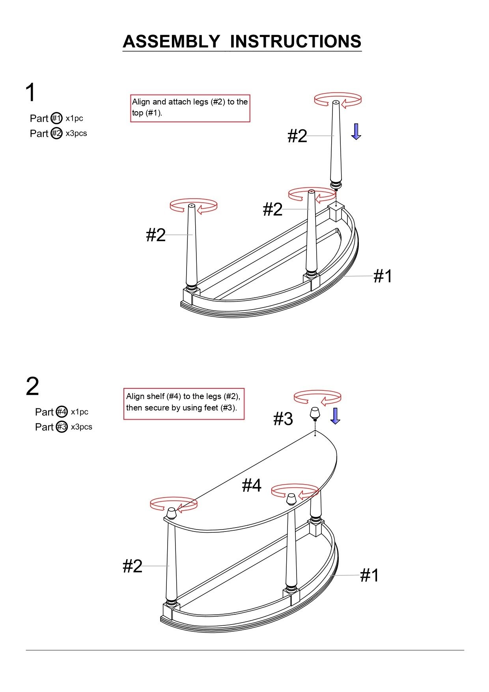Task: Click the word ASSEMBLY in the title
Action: (171, 41)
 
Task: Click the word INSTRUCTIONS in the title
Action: (296, 41)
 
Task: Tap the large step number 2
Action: (32, 386)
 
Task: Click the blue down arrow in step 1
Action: (356, 131)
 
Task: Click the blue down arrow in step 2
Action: (335, 416)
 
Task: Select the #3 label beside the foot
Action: (283, 419)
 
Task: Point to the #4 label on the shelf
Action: (252, 485)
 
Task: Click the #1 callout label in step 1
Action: (383, 276)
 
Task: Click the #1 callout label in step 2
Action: (370, 575)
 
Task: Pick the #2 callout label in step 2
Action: (133, 566)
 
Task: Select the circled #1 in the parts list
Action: (57, 118)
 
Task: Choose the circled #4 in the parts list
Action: (62, 412)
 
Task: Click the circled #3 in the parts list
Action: (62, 427)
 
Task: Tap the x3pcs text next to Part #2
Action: (76, 133)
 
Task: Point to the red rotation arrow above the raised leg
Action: (338, 99)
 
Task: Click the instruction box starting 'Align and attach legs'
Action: (190, 108)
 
